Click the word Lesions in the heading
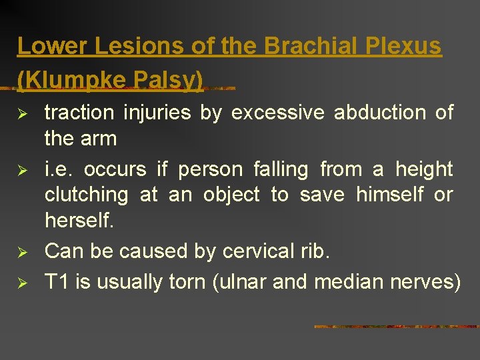tap(117, 46)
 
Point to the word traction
tap(79, 113)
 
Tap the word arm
tap(99, 139)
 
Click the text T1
tap(57, 281)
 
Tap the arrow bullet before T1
tap(23, 283)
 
